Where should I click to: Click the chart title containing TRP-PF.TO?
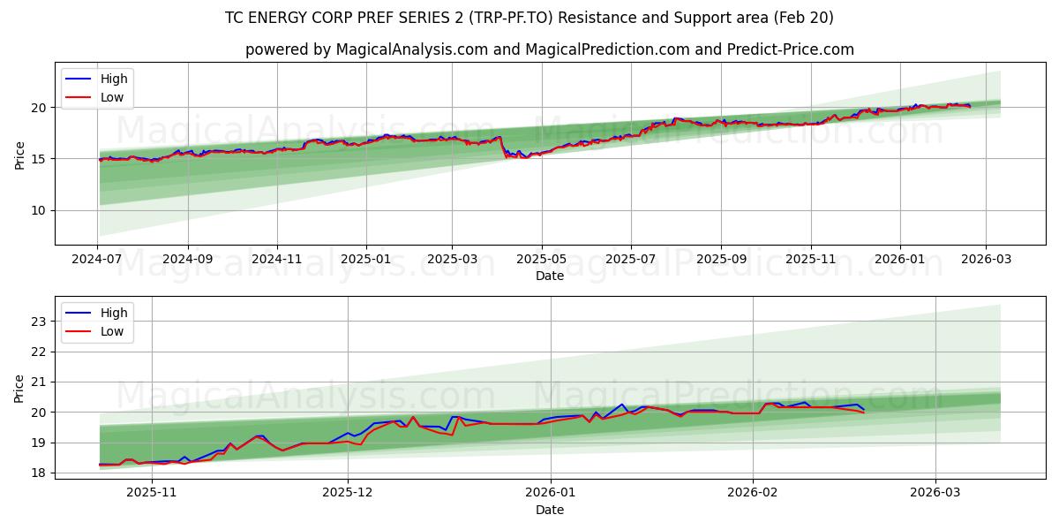pos(529,18)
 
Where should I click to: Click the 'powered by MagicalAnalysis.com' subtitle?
pos(549,49)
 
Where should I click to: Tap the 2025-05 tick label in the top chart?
pos(541,261)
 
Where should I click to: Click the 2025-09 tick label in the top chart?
pos(721,261)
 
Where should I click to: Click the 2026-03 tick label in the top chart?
pos(985,261)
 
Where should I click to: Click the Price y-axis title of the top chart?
pos(19,154)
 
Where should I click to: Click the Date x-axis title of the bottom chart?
pos(549,510)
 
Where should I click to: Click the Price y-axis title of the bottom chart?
pos(19,388)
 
